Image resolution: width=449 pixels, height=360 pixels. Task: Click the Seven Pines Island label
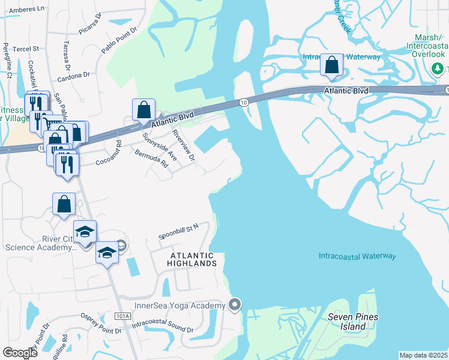click(x=347, y=322)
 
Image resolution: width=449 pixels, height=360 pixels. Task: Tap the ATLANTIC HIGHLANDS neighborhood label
click(x=191, y=259)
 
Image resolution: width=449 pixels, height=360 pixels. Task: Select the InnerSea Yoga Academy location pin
click(x=235, y=305)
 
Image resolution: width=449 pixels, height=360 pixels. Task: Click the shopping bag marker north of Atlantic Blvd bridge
click(x=331, y=65)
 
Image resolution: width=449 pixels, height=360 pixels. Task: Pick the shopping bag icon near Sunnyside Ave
click(x=143, y=110)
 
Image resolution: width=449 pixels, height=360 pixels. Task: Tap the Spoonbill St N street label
click(x=178, y=230)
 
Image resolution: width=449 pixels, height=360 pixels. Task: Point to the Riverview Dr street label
click(x=184, y=145)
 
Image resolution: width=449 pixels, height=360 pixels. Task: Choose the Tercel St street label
click(x=26, y=48)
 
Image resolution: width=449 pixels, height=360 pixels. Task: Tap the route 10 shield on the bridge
click(x=243, y=103)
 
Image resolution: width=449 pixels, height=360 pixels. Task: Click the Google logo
click(x=20, y=353)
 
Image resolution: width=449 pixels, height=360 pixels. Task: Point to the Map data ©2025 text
click(x=424, y=355)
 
